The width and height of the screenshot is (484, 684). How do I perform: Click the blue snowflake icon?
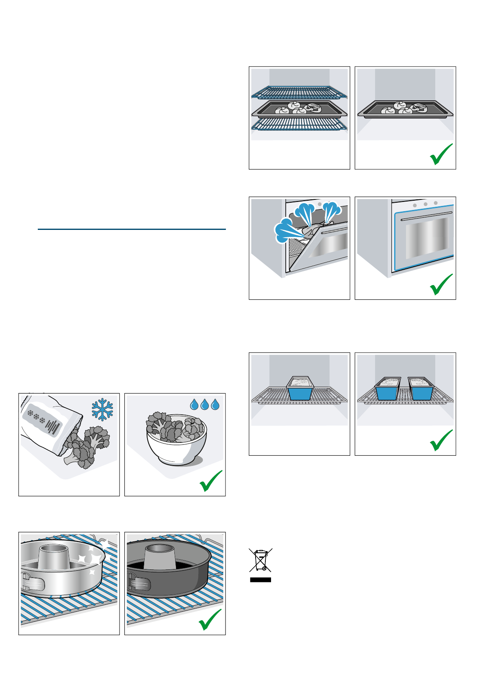(102, 409)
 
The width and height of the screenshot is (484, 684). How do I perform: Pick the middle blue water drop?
(205, 404)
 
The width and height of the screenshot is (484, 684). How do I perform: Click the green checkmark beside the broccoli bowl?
(211, 481)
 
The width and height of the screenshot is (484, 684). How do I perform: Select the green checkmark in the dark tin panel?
(211, 620)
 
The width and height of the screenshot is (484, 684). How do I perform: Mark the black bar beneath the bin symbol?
(260, 580)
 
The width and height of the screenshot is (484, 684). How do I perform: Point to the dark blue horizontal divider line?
(131, 229)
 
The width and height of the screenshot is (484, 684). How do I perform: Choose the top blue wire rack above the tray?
(299, 92)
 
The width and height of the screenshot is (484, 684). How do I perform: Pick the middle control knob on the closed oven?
(425, 204)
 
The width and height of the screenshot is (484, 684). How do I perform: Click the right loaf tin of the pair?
(421, 388)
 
